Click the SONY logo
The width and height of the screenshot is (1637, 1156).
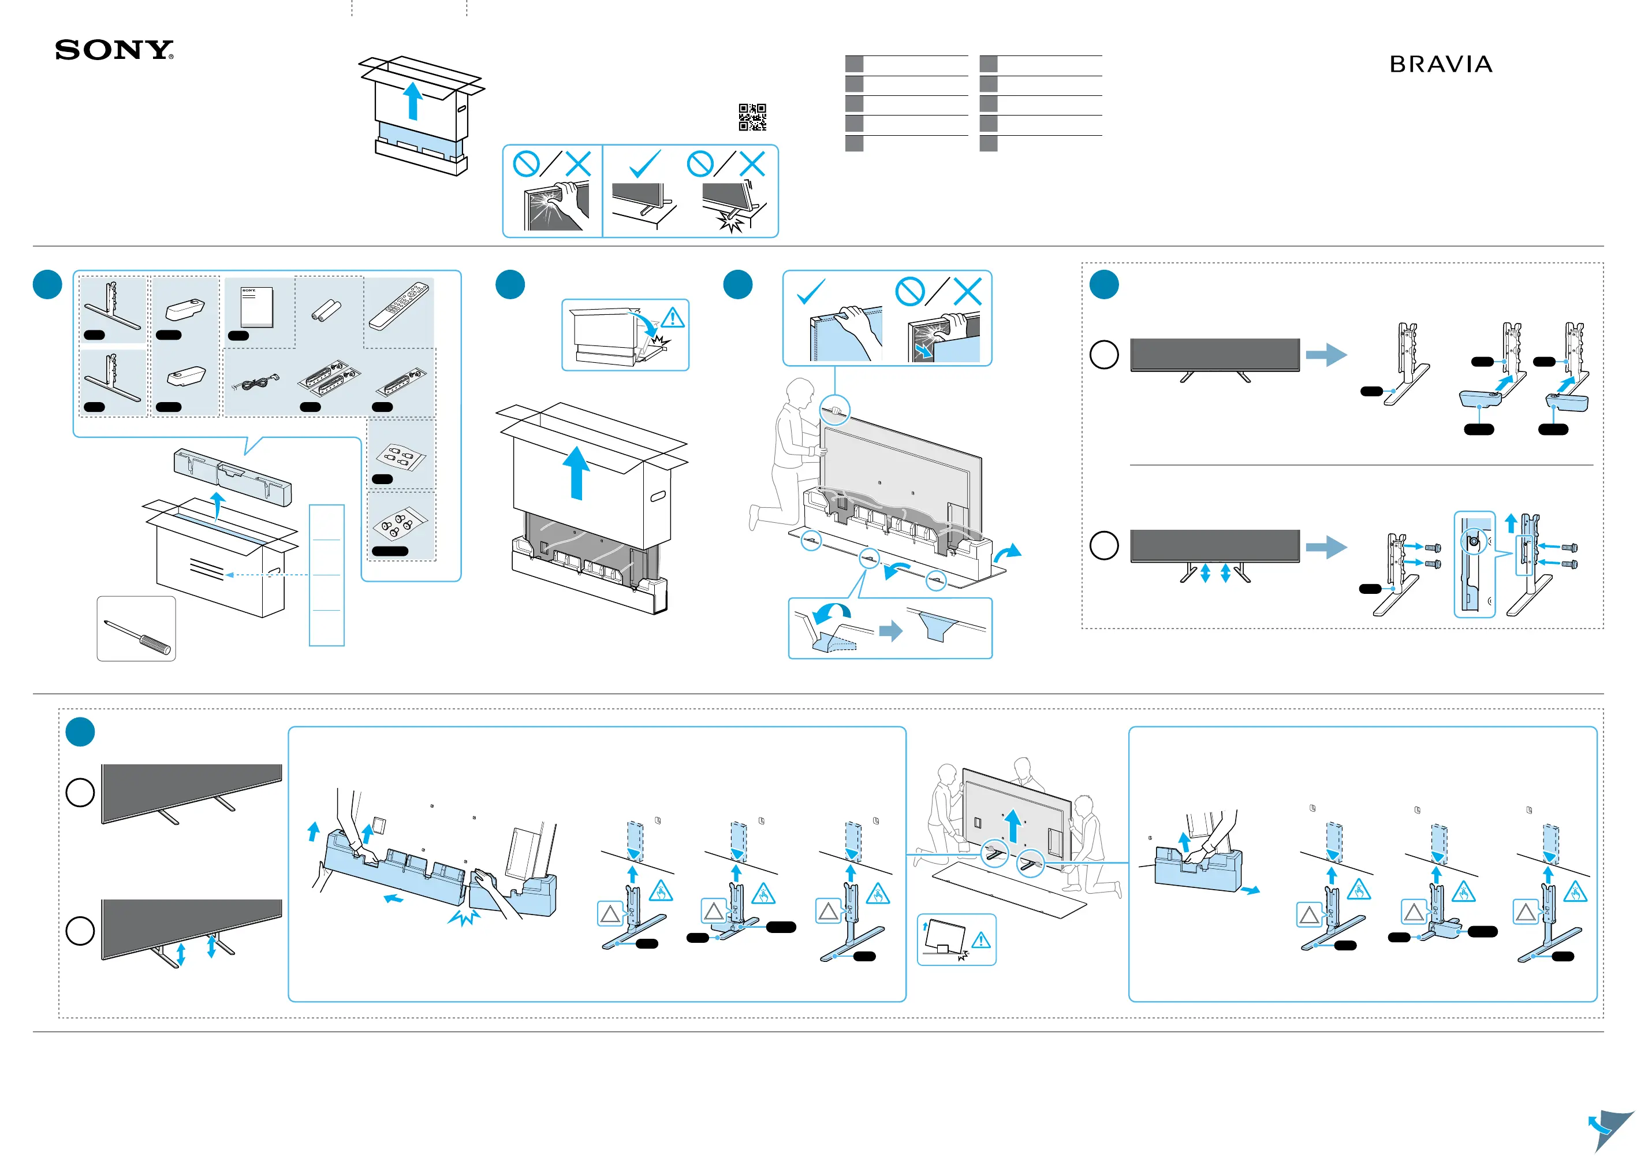[114, 50]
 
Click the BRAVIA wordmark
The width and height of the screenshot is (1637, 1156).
[1441, 65]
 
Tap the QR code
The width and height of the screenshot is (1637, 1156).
[752, 117]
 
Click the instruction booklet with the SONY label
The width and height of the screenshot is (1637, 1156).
[257, 307]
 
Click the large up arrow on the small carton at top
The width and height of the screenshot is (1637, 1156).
[413, 101]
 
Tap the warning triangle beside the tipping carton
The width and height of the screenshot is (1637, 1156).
[672, 318]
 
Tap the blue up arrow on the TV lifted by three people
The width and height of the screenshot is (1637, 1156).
[1013, 825]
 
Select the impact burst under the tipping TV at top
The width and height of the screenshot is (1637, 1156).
[730, 222]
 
